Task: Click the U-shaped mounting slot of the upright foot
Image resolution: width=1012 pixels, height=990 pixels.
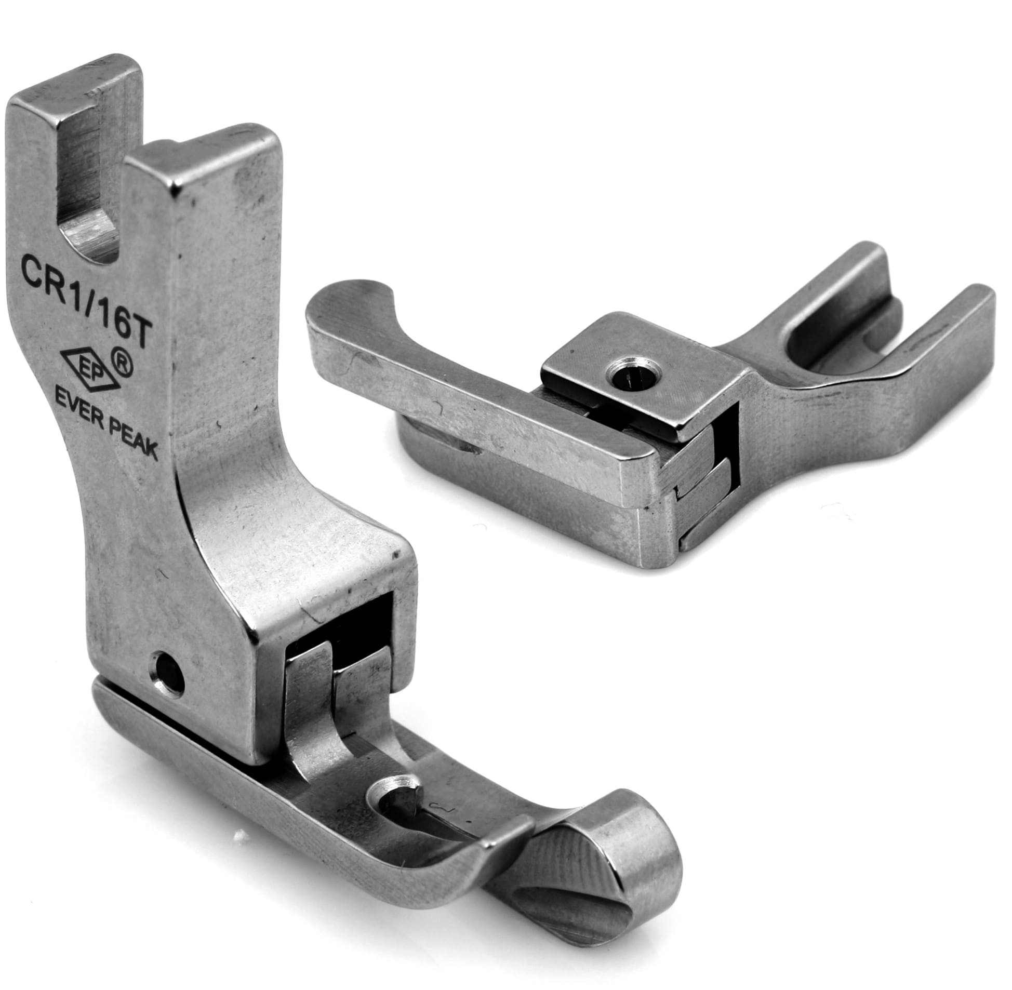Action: (x=86, y=171)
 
